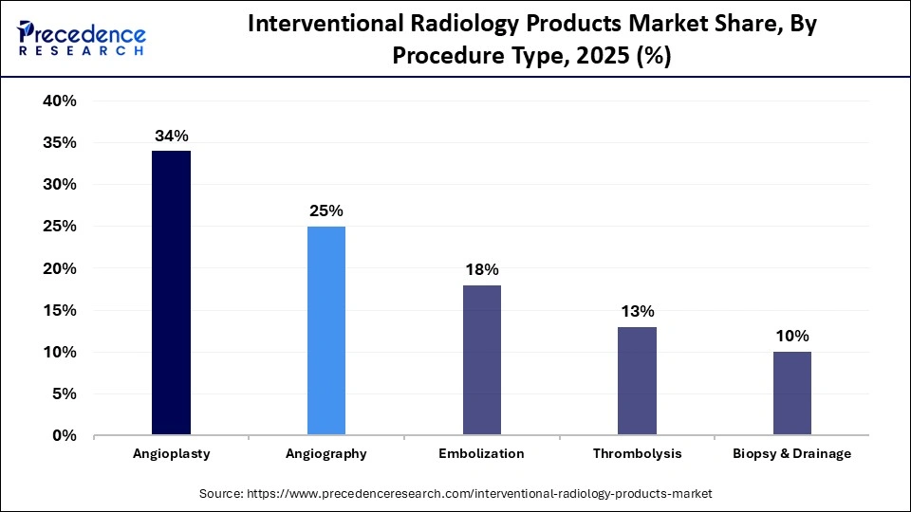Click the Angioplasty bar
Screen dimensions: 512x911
click(171, 293)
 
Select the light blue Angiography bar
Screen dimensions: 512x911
click(326, 331)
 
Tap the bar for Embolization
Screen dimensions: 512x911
click(481, 360)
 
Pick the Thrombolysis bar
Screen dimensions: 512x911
click(637, 381)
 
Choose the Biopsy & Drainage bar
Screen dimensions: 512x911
click(791, 393)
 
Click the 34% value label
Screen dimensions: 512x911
click(171, 137)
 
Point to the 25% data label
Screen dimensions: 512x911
click(326, 210)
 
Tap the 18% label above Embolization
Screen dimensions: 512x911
click(481, 269)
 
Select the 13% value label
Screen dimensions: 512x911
click(637, 311)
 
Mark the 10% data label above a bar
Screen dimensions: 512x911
click(791, 336)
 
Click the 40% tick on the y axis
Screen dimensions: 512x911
click(60, 101)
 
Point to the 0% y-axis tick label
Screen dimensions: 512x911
click(65, 436)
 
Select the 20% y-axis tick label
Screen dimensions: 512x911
click(60, 268)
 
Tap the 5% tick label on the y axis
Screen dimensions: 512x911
click(65, 394)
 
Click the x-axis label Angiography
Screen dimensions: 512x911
click(326, 454)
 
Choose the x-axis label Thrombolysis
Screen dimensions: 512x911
click(637, 454)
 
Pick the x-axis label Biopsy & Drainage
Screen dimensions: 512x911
click(791, 454)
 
